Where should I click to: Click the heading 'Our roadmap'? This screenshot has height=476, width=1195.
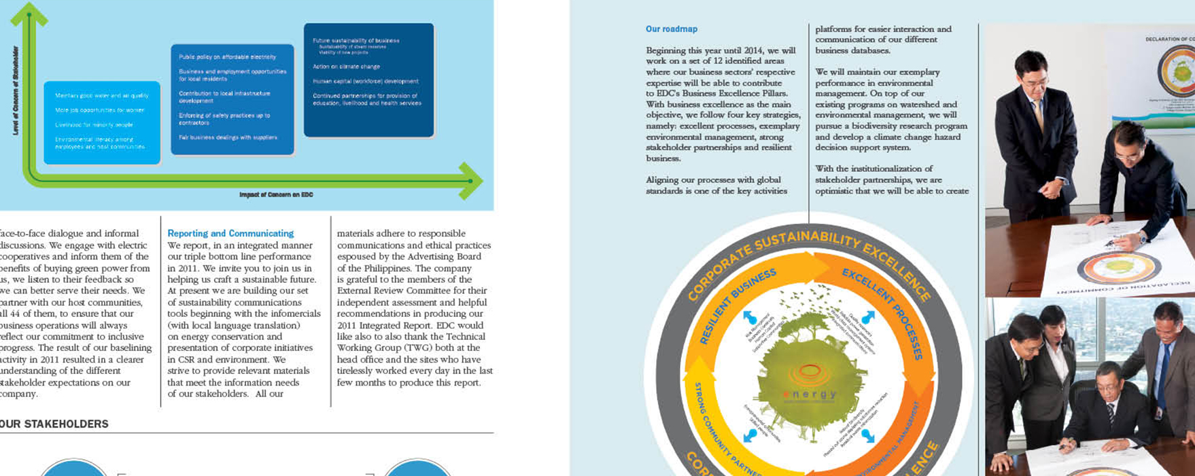coord(671,29)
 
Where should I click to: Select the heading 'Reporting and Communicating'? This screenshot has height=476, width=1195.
coord(230,233)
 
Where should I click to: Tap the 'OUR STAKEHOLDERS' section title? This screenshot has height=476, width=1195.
coord(54,424)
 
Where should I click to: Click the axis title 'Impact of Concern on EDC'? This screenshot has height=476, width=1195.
coord(276,195)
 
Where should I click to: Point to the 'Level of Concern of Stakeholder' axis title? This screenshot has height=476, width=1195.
coord(16,90)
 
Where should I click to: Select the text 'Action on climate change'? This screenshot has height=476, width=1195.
coord(346,67)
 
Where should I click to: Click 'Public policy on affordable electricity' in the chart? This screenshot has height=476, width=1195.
coord(227,57)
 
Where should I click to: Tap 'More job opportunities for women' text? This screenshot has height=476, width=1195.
coord(99,110)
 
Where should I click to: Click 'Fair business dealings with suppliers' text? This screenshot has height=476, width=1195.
coord(228,137)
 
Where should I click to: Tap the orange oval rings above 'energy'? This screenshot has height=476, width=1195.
coord(809,373)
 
